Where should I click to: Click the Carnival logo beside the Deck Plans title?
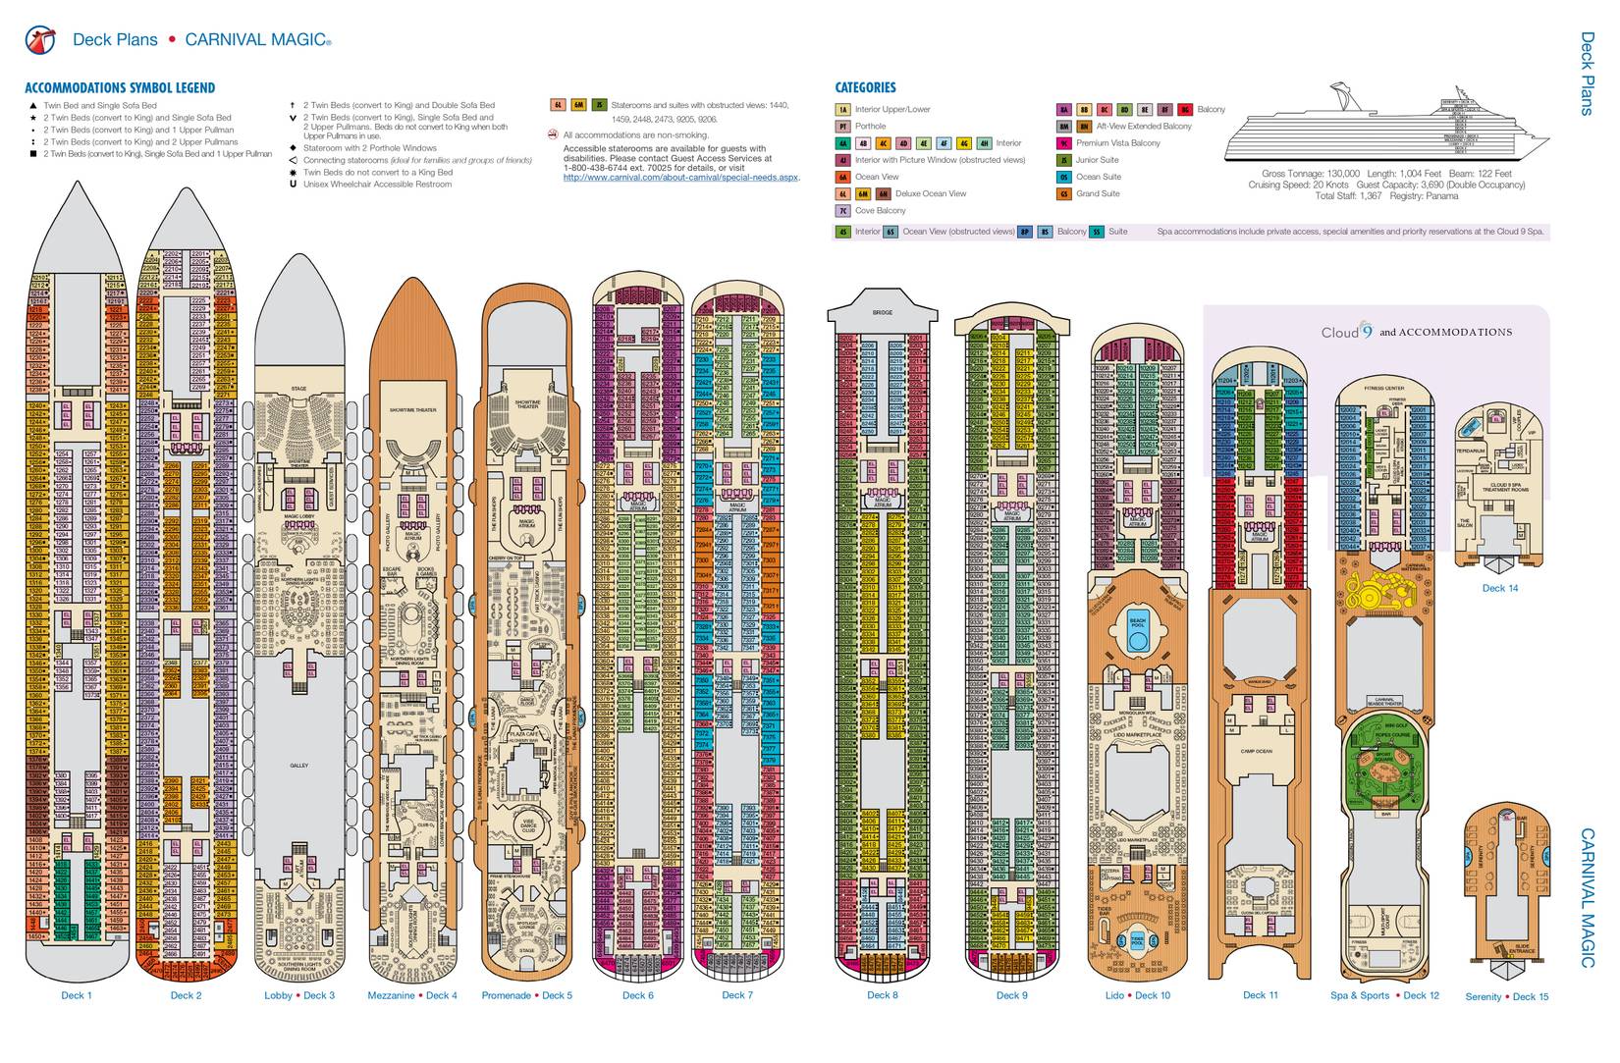[x=39, y=40]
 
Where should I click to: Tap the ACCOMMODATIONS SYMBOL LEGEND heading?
[x=120, y=87]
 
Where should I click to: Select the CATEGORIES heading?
[x=865, y=87]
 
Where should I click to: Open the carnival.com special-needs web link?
[x=681, y=178]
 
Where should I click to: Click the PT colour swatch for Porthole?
[x=842, y=127]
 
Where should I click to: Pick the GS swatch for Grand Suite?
[x=1063, y=194]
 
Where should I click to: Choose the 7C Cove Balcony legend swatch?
[x=842, y=211]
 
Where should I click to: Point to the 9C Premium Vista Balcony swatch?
[x=1063, y=143]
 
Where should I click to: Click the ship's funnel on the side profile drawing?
[x=1348, y=98]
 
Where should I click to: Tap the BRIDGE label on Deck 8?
[x=882, y=312]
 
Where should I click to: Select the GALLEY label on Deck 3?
[x=299, y=765]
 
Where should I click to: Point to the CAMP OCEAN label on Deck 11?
[x=1256, y=751]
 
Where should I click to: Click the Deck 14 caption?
[x=1499, y=589]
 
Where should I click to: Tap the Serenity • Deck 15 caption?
[x=1506, y=997]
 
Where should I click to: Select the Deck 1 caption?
[x=76, y=995]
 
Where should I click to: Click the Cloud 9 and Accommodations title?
[x=1416, y=333]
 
